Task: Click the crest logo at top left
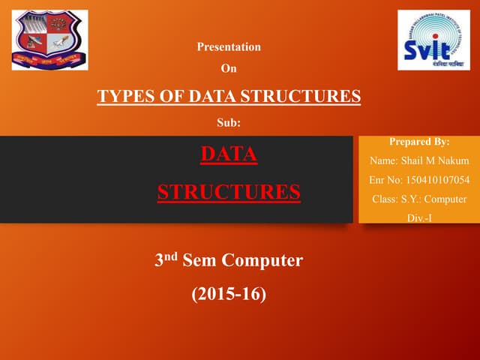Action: tap(49, 40)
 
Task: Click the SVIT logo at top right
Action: tap(433, 40)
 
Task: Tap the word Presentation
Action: tap(229, 46)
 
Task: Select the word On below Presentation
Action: tap(228, 69)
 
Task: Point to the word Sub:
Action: tap(228, 122)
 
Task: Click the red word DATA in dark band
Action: tap(229, 154)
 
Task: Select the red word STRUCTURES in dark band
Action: tap(229, 191)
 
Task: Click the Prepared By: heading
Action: tap(420, 141)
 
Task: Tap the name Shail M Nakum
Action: tap(430, 160)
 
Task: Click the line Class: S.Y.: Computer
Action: tap(419, 199)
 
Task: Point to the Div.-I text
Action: tap(419, 218)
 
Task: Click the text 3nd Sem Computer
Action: tap(228, 261)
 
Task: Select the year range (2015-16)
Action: tap(229, 294)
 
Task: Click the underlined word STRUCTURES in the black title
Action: tap(304, 96)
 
